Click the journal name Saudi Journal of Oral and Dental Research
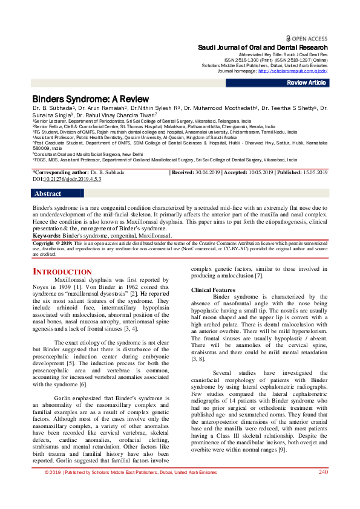coord(263,47)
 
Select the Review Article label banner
coord(307,82)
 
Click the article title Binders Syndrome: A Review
coord(90,99)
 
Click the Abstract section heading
coord(48,194)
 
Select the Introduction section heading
coord(62,272)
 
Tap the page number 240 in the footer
coord(323,488)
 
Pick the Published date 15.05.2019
coord(311,173)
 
